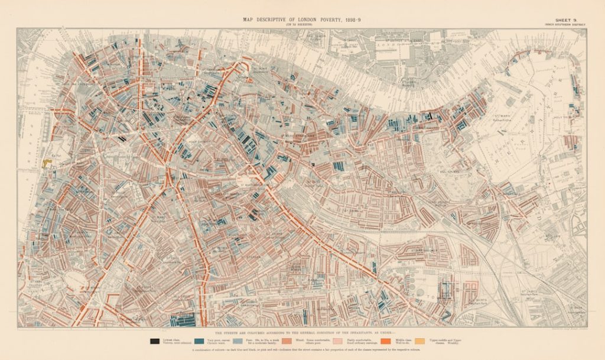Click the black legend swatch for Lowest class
point(154,340)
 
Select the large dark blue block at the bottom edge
point(183,320)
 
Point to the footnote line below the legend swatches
point(302,350)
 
